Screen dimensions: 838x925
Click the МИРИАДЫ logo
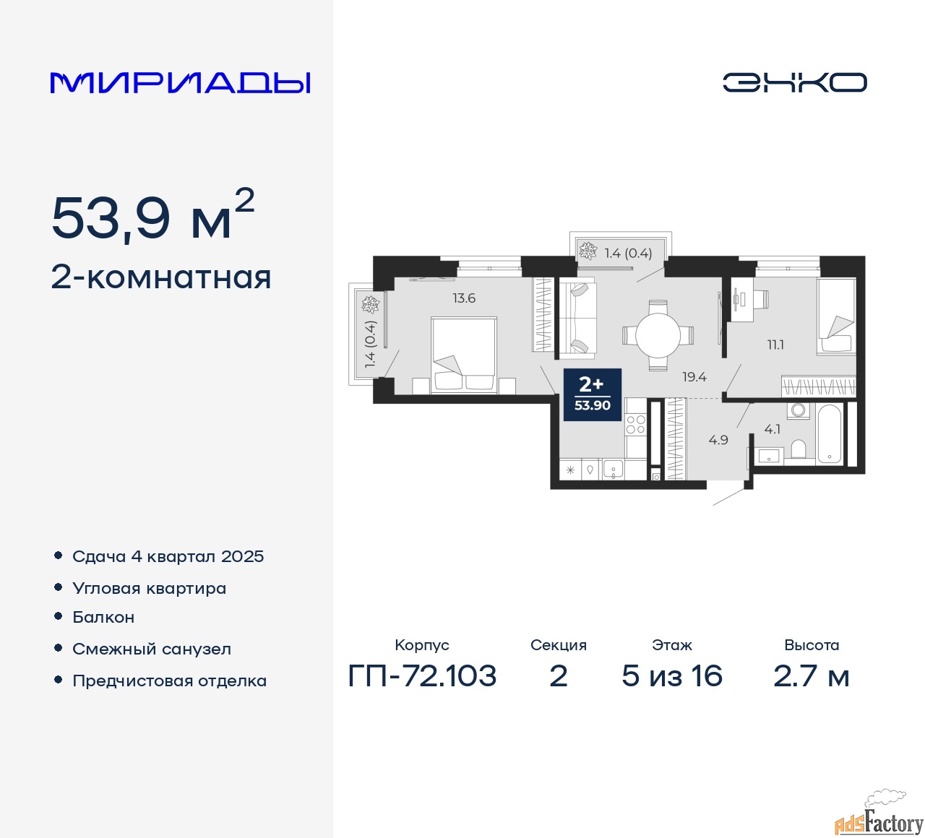(181, 83)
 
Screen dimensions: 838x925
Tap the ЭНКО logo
(794, 82)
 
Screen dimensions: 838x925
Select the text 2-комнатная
(161, 277)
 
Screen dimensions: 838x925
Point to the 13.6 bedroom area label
(464, 298)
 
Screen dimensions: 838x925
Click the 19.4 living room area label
(694, 376)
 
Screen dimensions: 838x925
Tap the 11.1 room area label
(775, 345)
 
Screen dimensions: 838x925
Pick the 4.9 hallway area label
(718, 439)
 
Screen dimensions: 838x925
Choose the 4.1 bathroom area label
(772, 429)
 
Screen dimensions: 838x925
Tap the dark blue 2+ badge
(592, 394)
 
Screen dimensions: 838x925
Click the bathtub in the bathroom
(829, 433)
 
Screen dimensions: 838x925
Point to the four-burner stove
(635, 425)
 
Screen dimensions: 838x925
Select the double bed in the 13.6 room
(463, 355)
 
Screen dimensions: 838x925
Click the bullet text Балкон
(103, 617)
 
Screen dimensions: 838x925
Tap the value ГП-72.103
(422, 676)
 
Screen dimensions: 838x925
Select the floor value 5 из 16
(672, 676)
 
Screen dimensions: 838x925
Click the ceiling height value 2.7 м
(811, 676)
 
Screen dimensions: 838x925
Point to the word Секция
(558, 645)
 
